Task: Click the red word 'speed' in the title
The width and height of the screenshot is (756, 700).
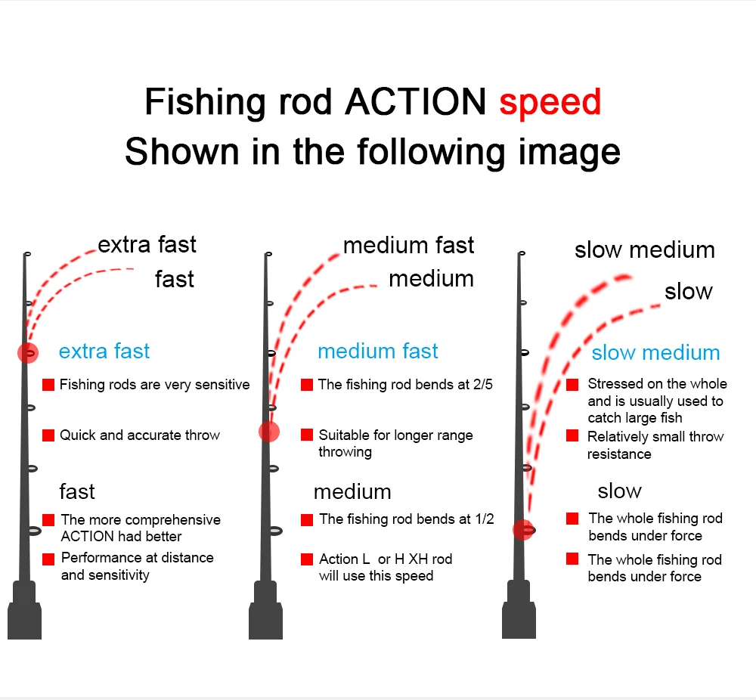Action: [550, 102]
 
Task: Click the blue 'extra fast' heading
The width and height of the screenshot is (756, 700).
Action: [104, 351]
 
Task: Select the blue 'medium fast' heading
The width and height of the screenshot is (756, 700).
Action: [378, 351]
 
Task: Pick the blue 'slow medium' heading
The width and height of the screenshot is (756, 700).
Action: [655, 352]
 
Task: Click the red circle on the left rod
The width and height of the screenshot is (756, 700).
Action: [28, 352]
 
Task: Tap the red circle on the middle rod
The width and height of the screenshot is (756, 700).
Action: [269, 431]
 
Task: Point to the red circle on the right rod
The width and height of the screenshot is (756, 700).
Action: [522, 530]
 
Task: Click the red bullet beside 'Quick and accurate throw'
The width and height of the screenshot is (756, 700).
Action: [48, 435]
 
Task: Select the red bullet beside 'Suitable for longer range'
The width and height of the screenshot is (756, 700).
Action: [307, 435]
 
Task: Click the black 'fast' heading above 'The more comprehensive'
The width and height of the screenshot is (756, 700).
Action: [77, 492]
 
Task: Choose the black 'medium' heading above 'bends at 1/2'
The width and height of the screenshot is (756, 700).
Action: [352, 492]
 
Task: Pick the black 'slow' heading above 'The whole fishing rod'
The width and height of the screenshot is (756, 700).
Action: [619, 491]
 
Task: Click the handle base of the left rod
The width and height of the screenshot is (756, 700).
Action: [24, 620]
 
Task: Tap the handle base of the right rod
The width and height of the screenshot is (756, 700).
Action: [519, 620]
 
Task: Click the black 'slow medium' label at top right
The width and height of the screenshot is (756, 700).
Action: [644, 250]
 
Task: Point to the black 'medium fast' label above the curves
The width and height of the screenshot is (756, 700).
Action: [408, 246]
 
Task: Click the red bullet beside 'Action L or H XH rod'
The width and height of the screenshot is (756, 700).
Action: [307, 559]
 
